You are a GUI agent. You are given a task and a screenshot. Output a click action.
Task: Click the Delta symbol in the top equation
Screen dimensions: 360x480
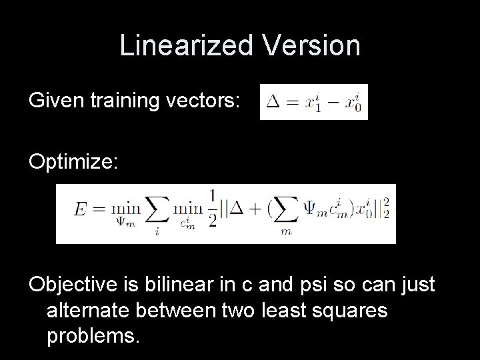(273, 103)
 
